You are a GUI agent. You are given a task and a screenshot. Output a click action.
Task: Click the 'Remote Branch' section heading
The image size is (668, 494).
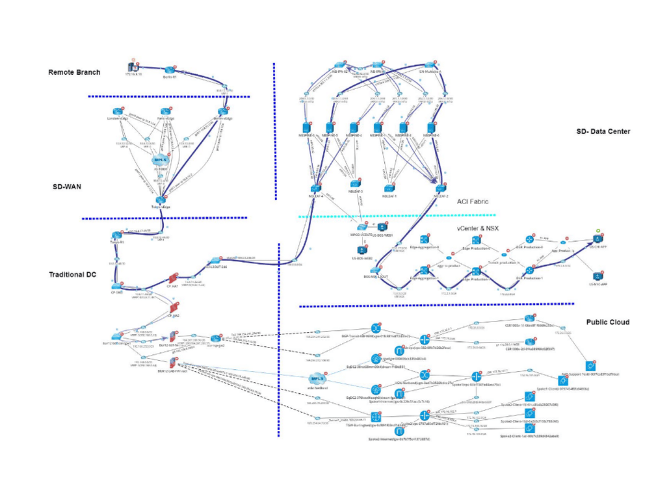[x=74, y=72]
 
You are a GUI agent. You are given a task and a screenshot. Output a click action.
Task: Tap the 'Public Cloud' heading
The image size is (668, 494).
[x=607, y=322]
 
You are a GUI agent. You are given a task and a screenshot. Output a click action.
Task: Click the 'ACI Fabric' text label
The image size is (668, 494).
[x=473, y=202]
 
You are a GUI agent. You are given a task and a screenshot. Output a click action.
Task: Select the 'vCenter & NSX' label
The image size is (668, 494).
[x=478, y=228]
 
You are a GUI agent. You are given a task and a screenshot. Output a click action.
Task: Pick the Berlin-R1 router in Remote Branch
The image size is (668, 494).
[x=170, y=69]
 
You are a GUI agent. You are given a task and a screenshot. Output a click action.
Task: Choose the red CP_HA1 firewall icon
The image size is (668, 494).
[x=173, y=279]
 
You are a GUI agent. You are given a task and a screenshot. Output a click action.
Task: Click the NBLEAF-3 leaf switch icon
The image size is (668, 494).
[x=354, y=184]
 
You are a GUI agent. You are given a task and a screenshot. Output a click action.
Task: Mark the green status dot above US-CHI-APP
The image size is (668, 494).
[x=597, y=231]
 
